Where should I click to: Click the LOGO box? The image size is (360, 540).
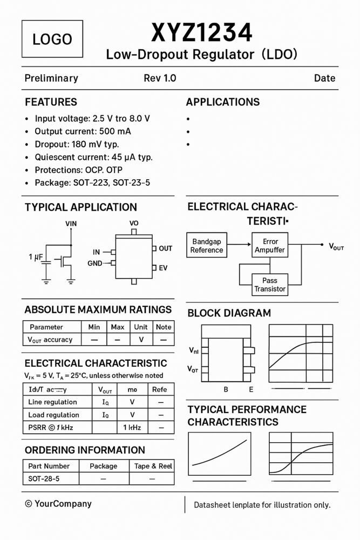pos(52,39)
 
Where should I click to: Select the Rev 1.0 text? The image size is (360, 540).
pos(160,78)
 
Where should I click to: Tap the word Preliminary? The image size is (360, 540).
pos(51,78)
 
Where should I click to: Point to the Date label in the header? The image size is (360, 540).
pos(324,78)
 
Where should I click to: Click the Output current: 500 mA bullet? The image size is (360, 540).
pos(83,131)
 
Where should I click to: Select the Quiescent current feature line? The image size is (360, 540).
pos(93,157)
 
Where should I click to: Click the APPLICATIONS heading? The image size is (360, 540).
pos(222,102)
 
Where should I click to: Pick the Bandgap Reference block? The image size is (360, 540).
pos(207,246)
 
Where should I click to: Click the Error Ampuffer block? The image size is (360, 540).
pos(270,246)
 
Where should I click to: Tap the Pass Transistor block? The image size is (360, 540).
pos(270,285)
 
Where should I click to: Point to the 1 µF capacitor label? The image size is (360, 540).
pos(36,258)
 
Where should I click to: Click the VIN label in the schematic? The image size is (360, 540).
pos(71,224)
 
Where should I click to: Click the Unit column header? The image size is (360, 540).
pos(141,327)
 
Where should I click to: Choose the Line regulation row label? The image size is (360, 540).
pos(53,402)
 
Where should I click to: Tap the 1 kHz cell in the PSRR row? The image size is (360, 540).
pos(132,428)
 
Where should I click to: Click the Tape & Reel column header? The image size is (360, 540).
pos(153,466)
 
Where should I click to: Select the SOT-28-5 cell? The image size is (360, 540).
pos(44,479)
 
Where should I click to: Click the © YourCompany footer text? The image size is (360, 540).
pos(58,504)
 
